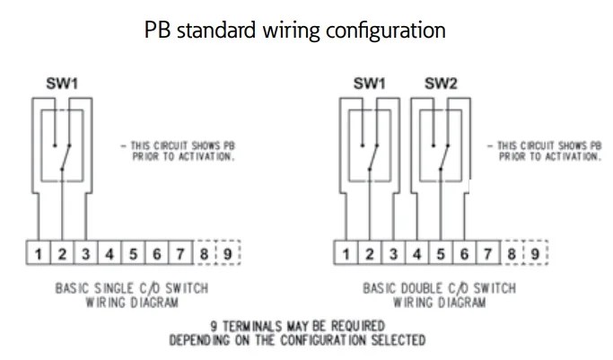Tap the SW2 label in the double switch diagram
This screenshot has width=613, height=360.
pyautogui.click(x=441, y=83)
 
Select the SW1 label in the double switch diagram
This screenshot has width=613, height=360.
pyautogui.click(x=369, y=83)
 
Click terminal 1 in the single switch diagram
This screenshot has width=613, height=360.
pyautogui.click(x=39, y=254)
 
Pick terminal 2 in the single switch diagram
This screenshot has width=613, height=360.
pyautogui.click(x=62, y=254)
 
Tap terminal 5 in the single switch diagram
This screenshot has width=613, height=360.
pyautogui.click(x=133, y=254)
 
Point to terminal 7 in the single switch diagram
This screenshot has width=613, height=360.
pyautogui.click(x=180, y=254)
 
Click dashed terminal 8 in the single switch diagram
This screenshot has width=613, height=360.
pyautogui.click(x=204, y=254)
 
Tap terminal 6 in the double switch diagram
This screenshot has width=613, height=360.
pyautogui.click(x=464, y=254)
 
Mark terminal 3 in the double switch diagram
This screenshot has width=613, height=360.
pyautogui.click(x=393, y=254)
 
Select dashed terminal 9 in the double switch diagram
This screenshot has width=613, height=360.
pyautogui.click(x=535, y=254)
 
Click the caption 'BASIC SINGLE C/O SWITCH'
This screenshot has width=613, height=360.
pyautogui.click(x=132, y=289)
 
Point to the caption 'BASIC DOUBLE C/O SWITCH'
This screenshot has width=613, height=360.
pyautogui.click(x=440, y=289)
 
